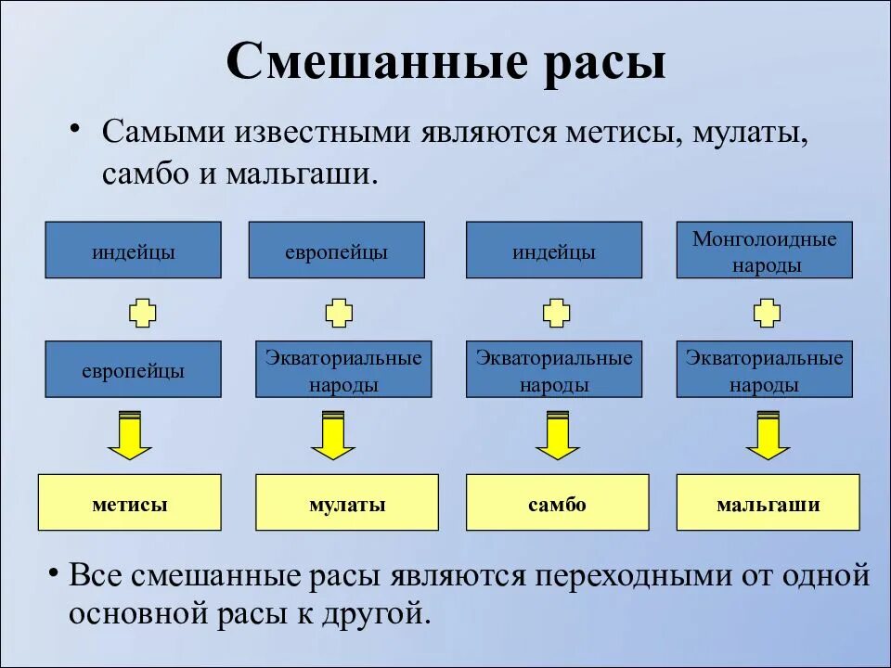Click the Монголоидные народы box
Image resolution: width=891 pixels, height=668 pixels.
[x=764, y=250]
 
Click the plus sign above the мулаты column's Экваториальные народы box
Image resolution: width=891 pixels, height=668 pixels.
[x=340, y=312]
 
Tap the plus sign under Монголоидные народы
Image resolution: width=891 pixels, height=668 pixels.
[x=767, y=312]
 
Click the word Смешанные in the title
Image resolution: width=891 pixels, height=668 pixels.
[x=365, y=63]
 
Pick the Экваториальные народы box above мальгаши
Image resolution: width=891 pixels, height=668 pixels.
[x=764, y=370]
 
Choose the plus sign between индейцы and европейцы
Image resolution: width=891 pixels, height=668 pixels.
[x=142, y=312]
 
